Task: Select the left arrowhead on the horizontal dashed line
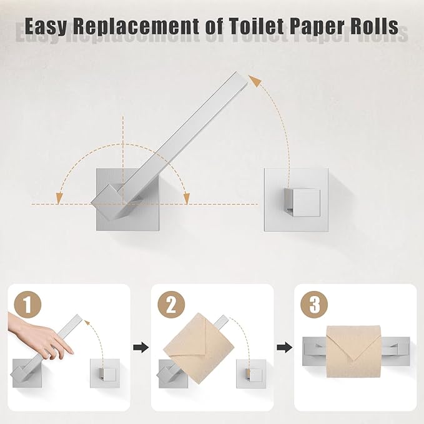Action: click(59, 198)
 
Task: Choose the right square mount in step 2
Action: click(249, 374)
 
